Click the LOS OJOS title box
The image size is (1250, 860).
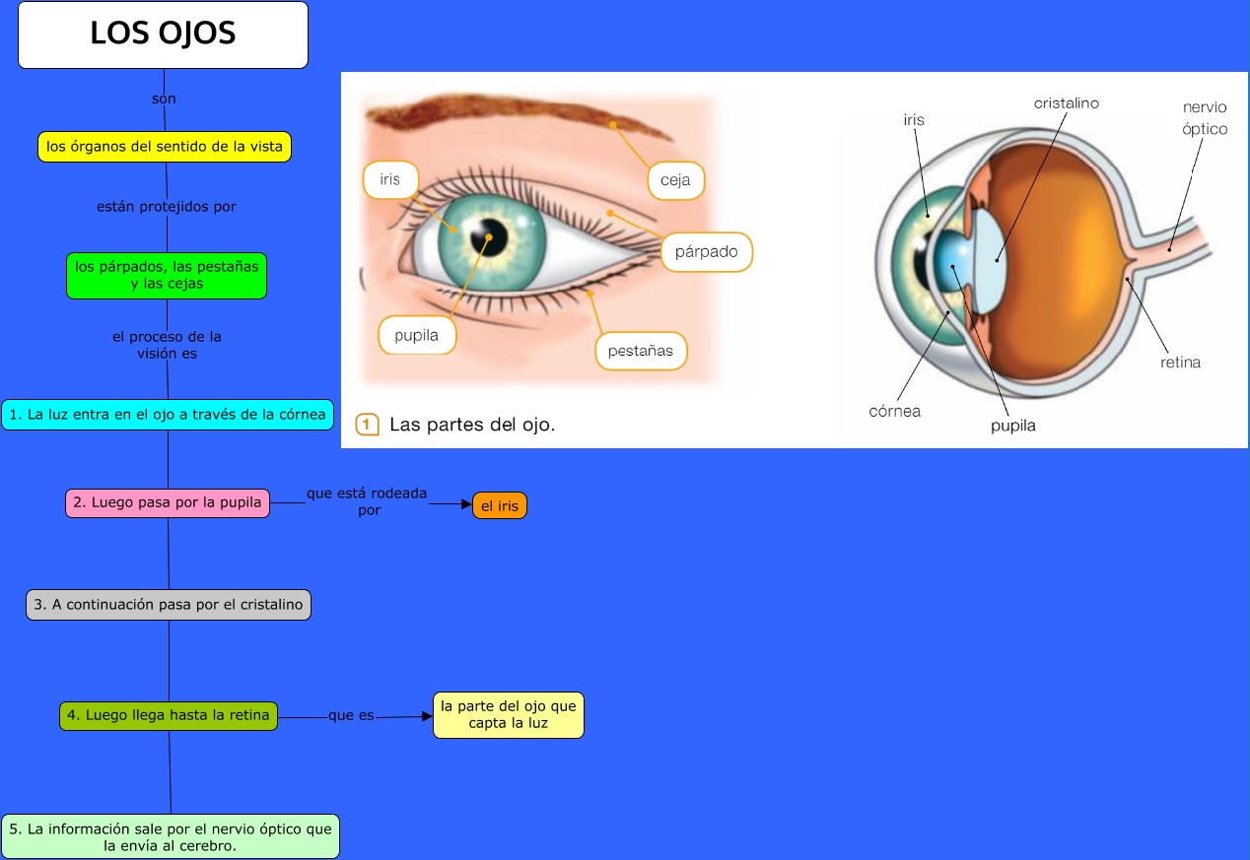[163, 34]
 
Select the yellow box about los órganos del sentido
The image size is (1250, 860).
[165, 147]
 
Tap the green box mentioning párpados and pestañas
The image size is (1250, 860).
[167, 275]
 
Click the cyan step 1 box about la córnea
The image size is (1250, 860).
[167, 415]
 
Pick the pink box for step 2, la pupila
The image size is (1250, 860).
[168, 503]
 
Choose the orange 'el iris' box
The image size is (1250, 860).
[500, 506]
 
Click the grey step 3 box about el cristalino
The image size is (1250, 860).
[169, 605]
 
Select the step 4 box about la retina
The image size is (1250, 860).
[169, 716]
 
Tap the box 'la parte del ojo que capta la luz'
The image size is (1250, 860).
[509, 715]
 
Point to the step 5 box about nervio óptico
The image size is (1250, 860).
[171, 837]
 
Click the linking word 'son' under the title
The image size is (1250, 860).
[164, 99]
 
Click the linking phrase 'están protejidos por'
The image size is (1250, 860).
[167, 207]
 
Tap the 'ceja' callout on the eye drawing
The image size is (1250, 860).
[676, 181]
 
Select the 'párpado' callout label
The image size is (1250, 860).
[706, 252]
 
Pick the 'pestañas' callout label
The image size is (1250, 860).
[641, 351]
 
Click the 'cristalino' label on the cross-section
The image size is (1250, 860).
[1066, 103]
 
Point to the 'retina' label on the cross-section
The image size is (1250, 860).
[1180, 363]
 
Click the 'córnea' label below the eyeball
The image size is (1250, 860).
[894, 412]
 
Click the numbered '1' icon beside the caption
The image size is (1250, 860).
[367, 426]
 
